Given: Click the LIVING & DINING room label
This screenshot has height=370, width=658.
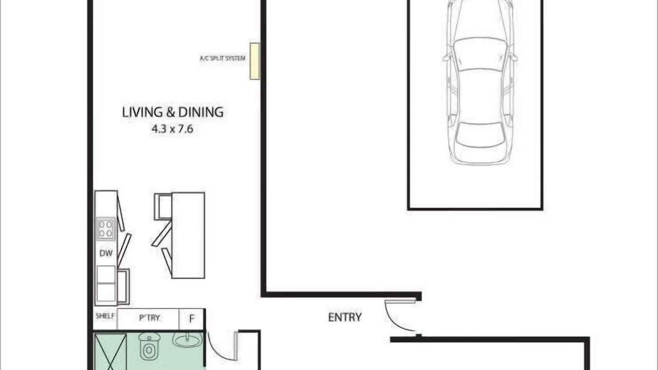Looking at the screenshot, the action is coord(173,113).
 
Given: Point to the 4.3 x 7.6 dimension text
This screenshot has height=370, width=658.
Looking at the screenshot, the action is coord(172,129).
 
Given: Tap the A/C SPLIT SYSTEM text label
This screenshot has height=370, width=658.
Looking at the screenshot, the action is coord(223,58).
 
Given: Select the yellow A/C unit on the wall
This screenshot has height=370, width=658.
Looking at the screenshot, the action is coord(254,61).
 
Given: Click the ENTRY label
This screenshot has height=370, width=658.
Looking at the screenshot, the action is coord(345,318).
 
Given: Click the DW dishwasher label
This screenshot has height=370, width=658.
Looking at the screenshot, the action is coord(106,253).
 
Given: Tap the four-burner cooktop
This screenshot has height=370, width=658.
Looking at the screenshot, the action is coord(105,229).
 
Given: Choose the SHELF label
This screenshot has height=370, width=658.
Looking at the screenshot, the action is coord(105,316).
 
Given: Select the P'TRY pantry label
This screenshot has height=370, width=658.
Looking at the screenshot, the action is coord(149,318).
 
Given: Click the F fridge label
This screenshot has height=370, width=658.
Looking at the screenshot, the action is coord(192,319).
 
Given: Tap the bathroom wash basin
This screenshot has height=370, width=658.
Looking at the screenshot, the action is coord(188,339).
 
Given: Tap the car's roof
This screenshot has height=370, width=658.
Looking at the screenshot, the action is coord(480,96).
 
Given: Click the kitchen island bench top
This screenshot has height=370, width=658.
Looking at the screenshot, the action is coord(188,235).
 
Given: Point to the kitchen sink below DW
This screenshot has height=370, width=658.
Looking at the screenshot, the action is coord(106,283).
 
